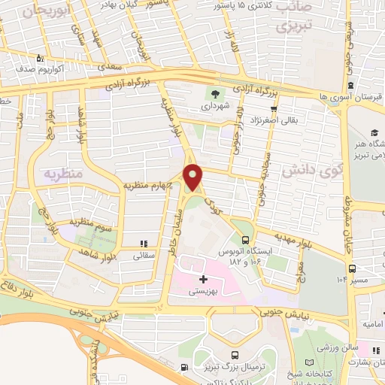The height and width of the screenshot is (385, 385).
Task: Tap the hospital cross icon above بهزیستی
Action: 203,280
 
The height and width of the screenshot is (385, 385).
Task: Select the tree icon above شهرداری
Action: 217,95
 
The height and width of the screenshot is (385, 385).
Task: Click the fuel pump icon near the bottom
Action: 184,368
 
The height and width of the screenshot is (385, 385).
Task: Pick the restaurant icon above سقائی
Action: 143,243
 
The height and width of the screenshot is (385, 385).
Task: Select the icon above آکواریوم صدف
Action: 40,58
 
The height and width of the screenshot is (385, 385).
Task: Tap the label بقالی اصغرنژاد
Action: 272,118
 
